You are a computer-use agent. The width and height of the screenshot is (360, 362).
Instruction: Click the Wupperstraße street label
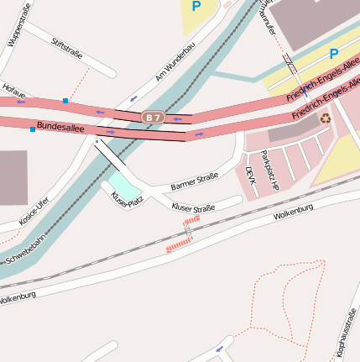[17, 24]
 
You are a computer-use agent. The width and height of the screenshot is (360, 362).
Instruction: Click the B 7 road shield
[152, 118]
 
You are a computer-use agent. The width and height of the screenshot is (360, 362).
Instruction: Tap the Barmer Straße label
[194, 180]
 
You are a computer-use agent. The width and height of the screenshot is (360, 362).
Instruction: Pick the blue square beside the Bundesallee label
[33, 129]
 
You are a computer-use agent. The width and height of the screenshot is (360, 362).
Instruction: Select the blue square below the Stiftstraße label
[65, 101]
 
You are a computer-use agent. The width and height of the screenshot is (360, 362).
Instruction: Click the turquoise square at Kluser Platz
[122, 182]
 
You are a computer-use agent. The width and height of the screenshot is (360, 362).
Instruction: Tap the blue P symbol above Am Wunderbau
[196, 7]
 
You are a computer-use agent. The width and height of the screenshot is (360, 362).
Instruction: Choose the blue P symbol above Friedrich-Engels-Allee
[333, 54]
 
